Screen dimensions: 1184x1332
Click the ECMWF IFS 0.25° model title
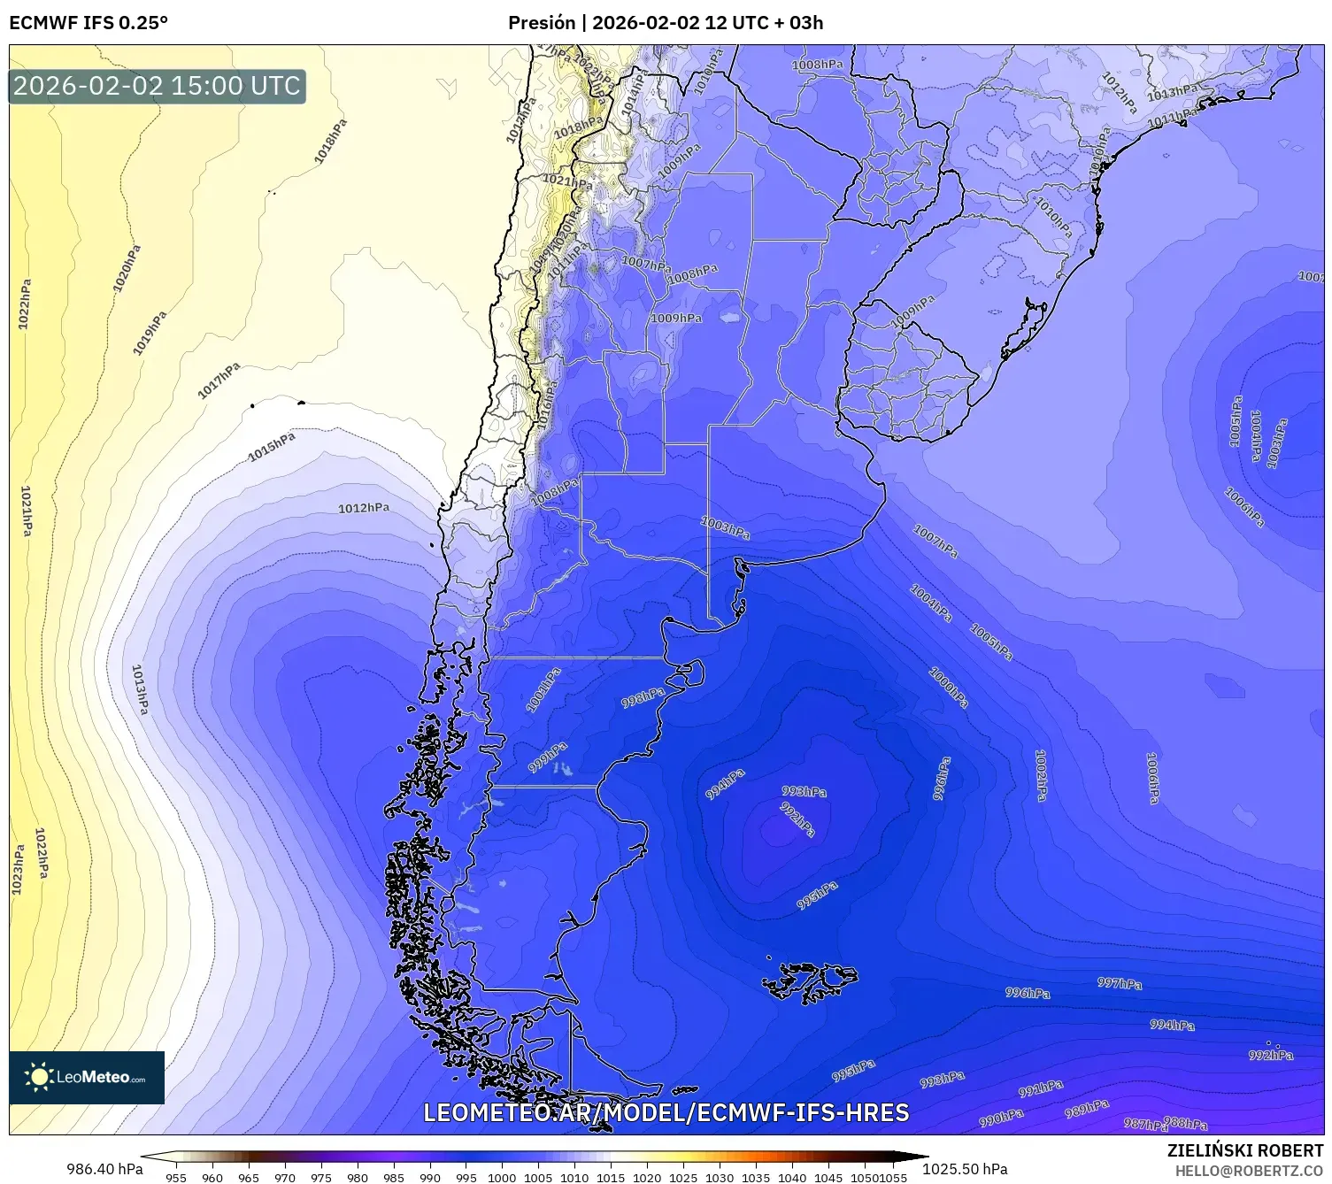click(x=89, y=23)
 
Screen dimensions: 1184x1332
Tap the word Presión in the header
click(x=541, y=23)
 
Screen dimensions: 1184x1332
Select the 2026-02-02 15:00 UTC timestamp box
click(x=158, y=87)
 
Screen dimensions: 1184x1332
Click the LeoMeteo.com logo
click(x=87, y=1077)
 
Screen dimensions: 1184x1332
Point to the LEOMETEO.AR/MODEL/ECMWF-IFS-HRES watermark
click(x=666, y=1113)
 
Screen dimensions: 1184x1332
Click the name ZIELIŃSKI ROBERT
click(x=1245, y=1151)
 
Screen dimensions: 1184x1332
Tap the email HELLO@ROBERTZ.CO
click(x=1249, y=1171)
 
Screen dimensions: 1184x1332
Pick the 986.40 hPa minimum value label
click(x=104, y=1169)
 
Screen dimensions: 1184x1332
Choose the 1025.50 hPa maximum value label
click(x=965, y=1169)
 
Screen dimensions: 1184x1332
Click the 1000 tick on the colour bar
click(x=502, y=1178)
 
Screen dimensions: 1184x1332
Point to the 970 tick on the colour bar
click(x=285, y=1178)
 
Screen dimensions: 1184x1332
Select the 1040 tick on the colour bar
click(x=792, y=1178)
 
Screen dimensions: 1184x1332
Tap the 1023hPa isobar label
click(x=18, y=869)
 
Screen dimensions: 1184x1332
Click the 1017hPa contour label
click(x=219, y=381)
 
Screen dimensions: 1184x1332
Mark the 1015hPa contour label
click(x=272, y=447)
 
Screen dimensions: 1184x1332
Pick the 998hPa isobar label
click(x=643, y=698)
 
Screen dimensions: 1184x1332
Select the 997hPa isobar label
click(x=1120, y=983)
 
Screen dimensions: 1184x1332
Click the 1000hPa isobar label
click(x=948, y=687)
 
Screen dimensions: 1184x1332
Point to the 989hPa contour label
click(x=1086, y=1108)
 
